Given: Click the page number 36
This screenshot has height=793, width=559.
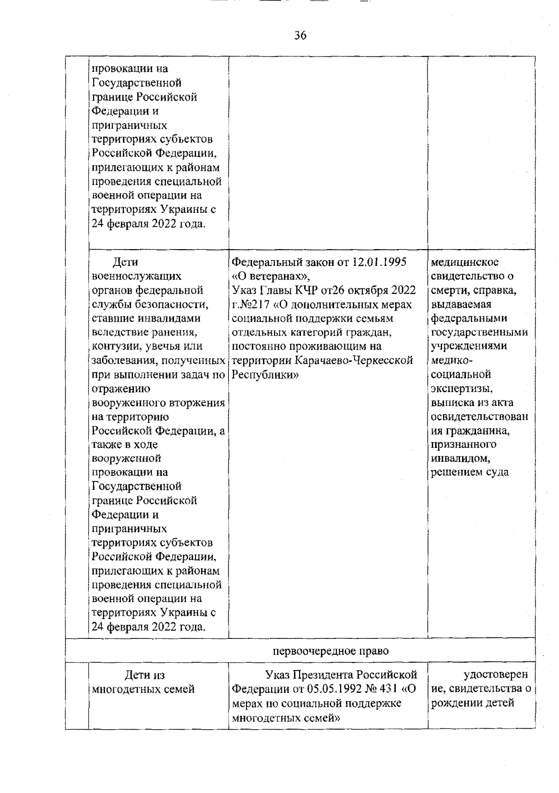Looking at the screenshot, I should click(300, 35).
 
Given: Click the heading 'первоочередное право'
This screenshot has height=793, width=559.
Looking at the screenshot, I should click(330, 651).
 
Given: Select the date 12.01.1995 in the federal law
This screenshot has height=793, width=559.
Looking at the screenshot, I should click(379, 262).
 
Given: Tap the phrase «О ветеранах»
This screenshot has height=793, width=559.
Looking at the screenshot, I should click(267, 276).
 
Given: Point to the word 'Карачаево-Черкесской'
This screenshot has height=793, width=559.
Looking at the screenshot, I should click(354, 360).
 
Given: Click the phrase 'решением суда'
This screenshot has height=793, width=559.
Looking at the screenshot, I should click(470, 472).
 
